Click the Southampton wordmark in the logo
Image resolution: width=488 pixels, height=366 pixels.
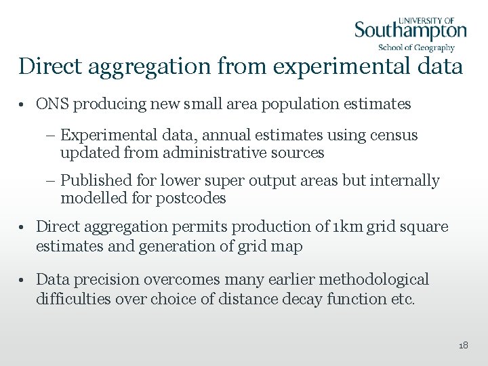(x=411, y=30)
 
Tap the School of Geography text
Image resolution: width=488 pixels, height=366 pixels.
(x=416, y=47)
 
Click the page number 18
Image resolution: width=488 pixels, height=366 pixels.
(x=464, y=346)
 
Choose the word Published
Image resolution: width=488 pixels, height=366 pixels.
(x=91, y=181)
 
